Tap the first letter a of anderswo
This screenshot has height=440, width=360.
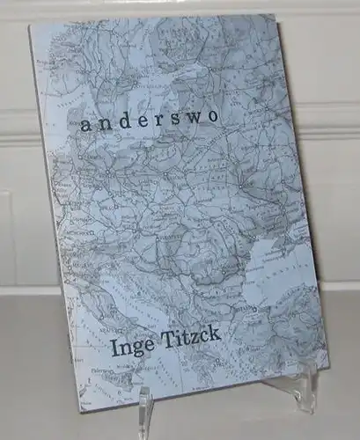84,126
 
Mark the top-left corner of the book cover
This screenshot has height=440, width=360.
29,26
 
